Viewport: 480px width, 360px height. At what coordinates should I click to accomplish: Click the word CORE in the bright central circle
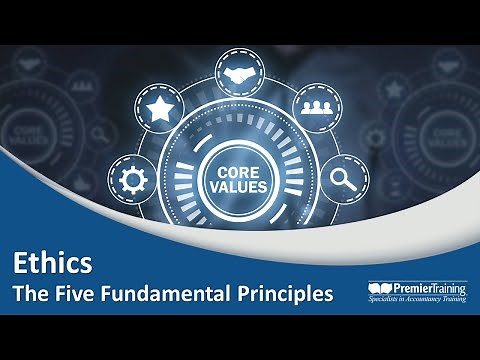(238, 172)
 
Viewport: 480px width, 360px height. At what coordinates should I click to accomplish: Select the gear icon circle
(130, 181)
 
